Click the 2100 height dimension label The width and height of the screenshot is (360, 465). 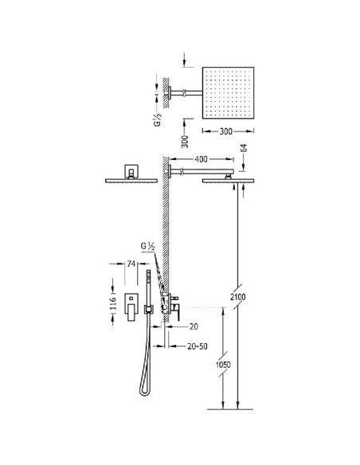pyautogui.click(x=237, y=296)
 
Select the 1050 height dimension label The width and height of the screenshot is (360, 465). pyautogui.click(x=223, y=364)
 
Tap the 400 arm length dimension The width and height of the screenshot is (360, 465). pyautogui.click(x=201, y=159)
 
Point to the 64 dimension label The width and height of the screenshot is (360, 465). pyautogui.click(x=244, y=149)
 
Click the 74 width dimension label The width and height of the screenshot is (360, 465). pyautogui.click(x=131, y=264)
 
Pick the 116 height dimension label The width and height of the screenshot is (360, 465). pyautogui.click(x=113, y=303)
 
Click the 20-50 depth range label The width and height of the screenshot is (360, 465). pyautogui.click(x=198, y=346)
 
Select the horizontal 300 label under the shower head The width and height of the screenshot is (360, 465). pyautogui.click(x=226, y=131)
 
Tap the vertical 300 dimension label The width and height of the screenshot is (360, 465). pyautogui.click(x=185, y=141)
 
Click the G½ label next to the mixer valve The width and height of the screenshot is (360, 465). pyautogui.click(x=147, y=247)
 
